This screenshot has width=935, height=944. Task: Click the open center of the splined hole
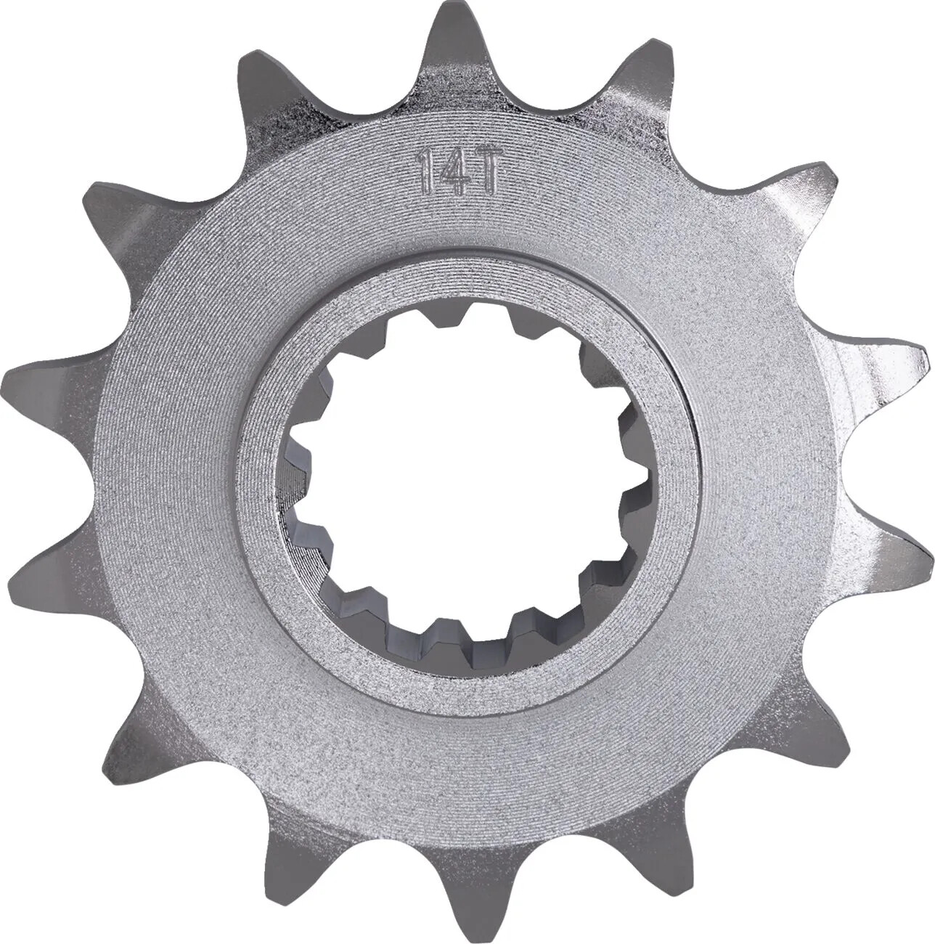(x=465, y=472)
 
